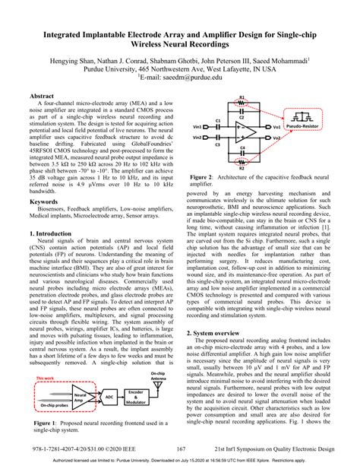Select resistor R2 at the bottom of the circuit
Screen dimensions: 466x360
(242, 165)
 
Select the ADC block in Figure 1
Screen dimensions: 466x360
(109, 397)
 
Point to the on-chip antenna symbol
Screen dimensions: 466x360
(161, 384)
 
